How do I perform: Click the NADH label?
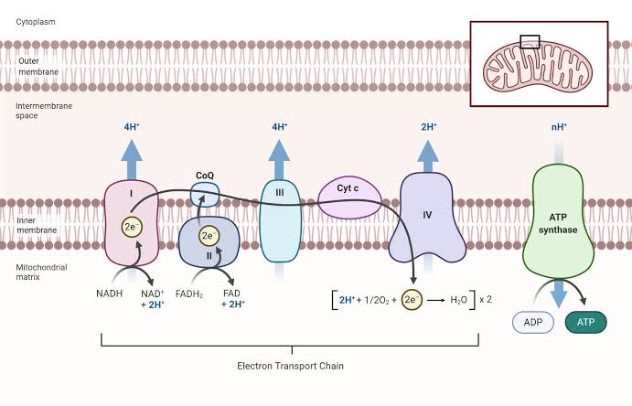(x=109, y=294)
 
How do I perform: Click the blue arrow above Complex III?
(x=280, y=155)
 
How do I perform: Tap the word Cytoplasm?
(x=36, y=20)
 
